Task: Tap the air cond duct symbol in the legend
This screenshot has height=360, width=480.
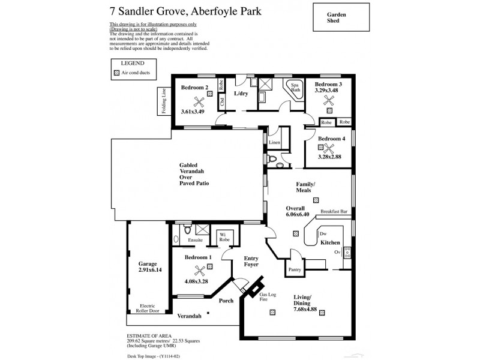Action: pyautogui.click(x=116, y=72)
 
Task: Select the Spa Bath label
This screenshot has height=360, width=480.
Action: pyautogui.click(x=295, y=88)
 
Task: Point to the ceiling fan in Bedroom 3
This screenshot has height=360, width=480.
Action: pyautogui.click(x=329, y=100)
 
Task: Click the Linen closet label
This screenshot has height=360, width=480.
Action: pyautogui.click(x=274, y=143)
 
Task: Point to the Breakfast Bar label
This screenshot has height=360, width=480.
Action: pyautogui.click(x=334, y=211)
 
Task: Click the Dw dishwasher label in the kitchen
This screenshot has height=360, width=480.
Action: pyautogui.click(x=322, y=233)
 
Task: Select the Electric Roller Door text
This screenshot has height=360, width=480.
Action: pyautogui.click(x=148, y=307)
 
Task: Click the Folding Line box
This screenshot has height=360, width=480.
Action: pyautogui.click(x=163, y=101)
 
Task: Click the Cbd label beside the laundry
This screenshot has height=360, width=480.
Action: pyautogui.click(x=221, y=101)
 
